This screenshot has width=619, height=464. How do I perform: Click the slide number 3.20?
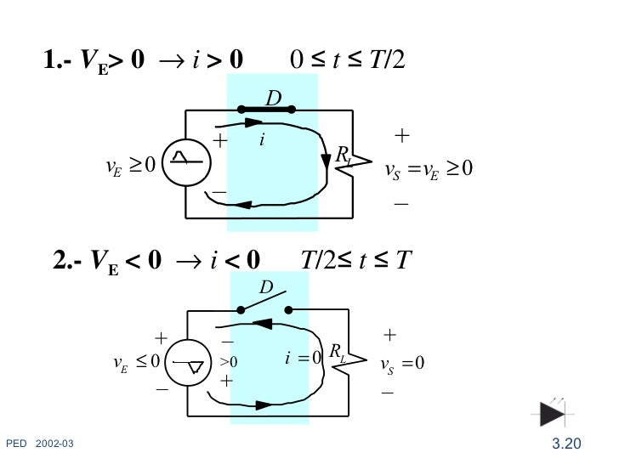[565, 443]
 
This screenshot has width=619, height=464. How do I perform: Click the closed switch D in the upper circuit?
[266, 109]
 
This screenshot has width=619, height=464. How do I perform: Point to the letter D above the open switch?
[265, 290]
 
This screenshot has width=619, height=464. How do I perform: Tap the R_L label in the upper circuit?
[344, 155]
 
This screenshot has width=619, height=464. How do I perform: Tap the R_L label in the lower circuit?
[337, 353]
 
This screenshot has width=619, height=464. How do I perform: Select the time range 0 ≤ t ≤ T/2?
[349, 59]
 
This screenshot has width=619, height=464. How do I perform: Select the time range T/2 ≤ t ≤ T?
[356, 259]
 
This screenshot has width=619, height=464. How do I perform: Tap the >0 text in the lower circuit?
[229, 362]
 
